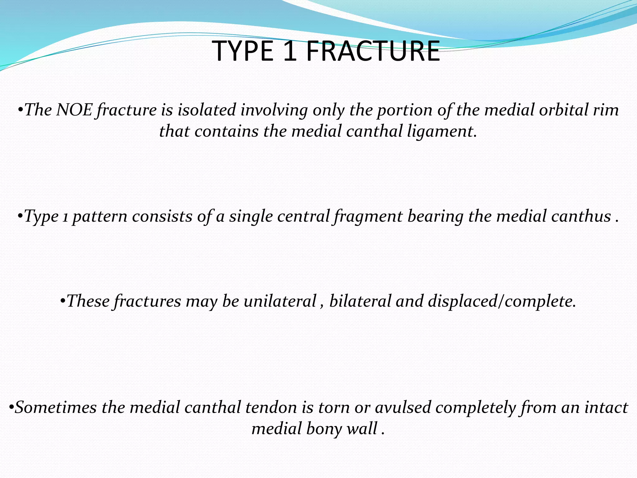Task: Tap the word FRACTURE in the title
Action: click(373, 51)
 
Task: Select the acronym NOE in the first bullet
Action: click(74, 110)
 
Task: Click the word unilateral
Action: click(280, 301)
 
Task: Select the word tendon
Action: click(271, 407)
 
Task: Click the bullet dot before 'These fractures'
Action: click(63, 302)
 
